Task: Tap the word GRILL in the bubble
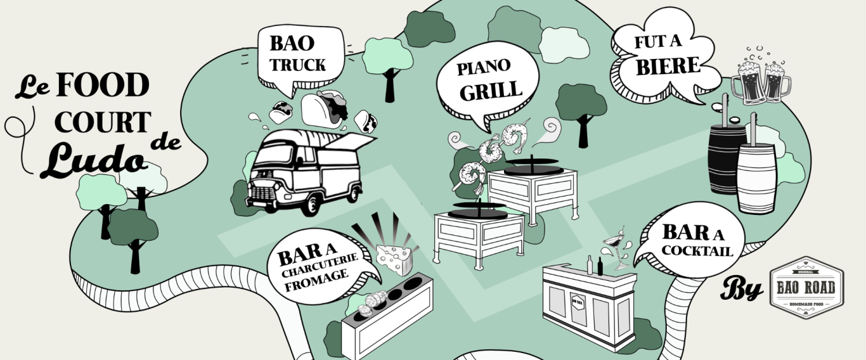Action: click(491, 91)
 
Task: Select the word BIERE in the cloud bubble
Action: click(668, 67)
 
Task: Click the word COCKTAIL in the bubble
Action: click(697, 251)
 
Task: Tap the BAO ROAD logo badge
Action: click(806, 288)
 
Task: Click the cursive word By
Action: click(742, 290)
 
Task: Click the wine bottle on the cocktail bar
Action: click(590, 264)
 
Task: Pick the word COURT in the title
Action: click(103, 122)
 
